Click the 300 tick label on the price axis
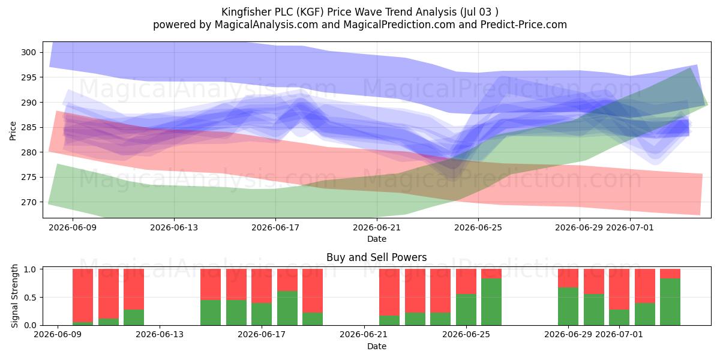pos(28,52)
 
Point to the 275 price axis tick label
pos(28,178)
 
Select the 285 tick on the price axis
pos(28,128)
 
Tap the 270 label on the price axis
pos(28,203)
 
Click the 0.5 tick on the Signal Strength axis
pos(30,298)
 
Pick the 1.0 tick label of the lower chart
pos(30,269)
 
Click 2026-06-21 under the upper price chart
pos(377,227)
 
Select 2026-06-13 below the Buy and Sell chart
pos(160,334)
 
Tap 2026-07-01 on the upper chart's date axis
pos(630,227)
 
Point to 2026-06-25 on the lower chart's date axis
pos(466,334)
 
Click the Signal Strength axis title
pos(14,296)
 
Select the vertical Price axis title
pos(13,131)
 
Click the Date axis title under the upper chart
pos(377,239)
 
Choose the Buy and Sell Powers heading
pos(377,257)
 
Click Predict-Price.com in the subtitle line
pos(524,25)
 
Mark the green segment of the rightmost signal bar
pos(670,302)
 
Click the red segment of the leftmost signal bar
pos(83,296)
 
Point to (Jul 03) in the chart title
pos(479,12)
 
